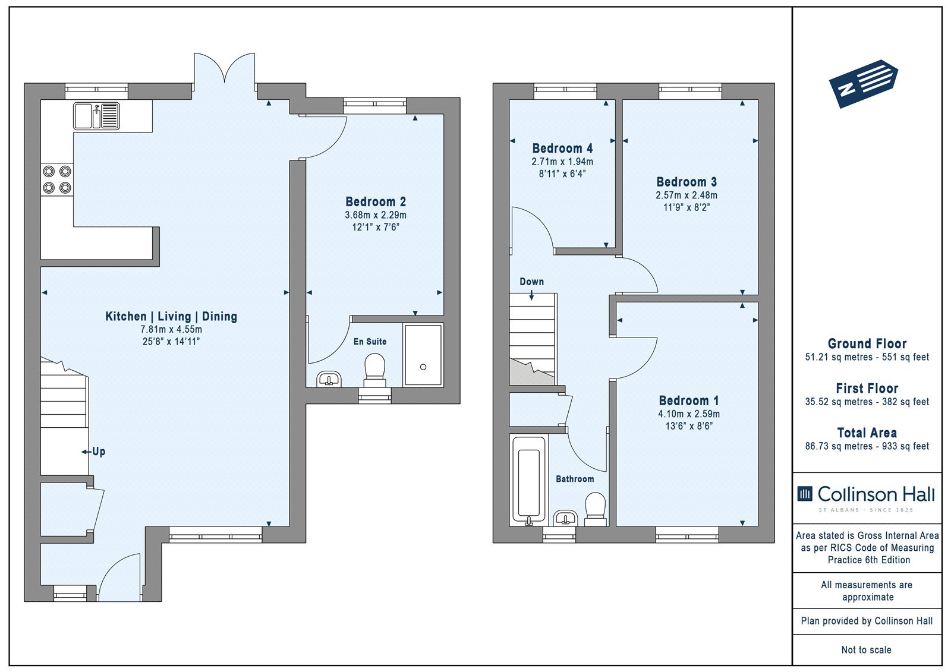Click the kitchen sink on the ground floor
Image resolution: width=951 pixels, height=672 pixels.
click(x=96, y=116)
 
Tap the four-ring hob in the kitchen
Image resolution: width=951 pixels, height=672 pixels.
click(x=57, y=179)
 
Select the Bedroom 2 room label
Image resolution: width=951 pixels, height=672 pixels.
click(x=376, y=201)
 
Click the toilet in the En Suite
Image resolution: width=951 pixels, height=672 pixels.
click(x=374, y=370)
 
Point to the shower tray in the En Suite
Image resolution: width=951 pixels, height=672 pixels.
click(x=423, y=355)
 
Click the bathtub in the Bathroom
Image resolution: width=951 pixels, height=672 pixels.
click(x=529, y=479)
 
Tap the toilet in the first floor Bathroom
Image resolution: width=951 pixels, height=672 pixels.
click(x=595, y=509)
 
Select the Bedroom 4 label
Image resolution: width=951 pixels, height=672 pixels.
click(x=562, y=149)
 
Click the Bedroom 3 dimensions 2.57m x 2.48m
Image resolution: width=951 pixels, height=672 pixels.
click(x=687, y=195)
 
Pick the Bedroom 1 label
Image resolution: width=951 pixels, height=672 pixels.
click(x=689, y=400)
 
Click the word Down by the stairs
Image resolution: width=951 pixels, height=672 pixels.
click(x=531, y=282)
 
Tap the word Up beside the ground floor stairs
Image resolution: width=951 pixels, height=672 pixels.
click(x=99, y=451)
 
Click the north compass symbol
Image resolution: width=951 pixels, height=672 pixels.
click(x=863, y=84)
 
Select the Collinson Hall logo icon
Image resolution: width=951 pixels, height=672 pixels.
click(x=805, y=494)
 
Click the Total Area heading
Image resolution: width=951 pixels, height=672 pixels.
click(x=867, y=433)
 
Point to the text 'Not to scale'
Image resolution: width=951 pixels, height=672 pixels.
click(x=867, y=650)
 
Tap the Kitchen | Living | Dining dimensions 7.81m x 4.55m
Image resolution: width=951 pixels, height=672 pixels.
click(x=171, y=329)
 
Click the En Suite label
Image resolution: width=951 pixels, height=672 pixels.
click(x=370, y=341)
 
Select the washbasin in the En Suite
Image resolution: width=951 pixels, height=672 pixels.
click(x=329, y=379)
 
